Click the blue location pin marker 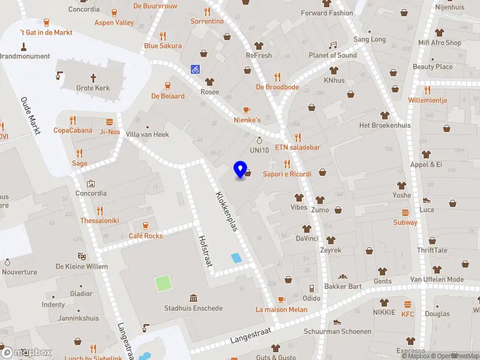[x=241, y=170]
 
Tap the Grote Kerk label [x=93, y=88]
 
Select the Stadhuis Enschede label [x=193, y=308]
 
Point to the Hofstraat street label [x=206, y=253]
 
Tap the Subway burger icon [x=405, y=212]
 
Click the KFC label [x=408, y=314]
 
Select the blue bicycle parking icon [x=195, y=69]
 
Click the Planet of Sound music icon [x=332, y=46]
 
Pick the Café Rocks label [x=145, y=236]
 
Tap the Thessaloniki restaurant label [x=100, y=220]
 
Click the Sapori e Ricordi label [x=287, y=174]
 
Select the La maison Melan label [x=281, y=310]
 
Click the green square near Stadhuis [x=162, y=283]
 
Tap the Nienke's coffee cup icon [x=247, y=110]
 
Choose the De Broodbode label [x=277, y=87]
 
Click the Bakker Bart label [x=343, y=286]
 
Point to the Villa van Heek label [x=147, y=134]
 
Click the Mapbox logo [x=27, y=352]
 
